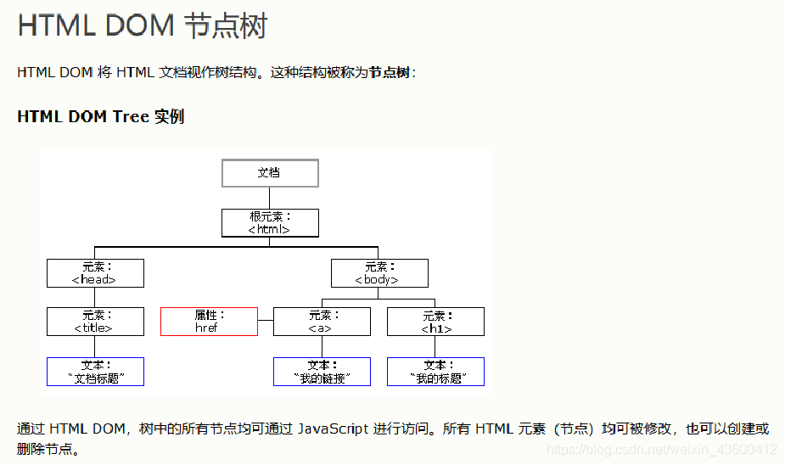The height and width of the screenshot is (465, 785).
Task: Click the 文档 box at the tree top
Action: coord(270,173)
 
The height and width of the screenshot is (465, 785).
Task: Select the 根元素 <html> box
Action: coord(270,223)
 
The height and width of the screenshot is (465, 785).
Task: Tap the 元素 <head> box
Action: coord(95,273)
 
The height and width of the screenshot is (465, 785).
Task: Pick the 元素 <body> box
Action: coord(379,273)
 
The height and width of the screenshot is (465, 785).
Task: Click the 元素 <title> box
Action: coord(95,322)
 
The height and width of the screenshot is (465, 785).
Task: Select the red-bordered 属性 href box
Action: coord(209,322)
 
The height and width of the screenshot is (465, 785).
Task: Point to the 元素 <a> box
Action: coord(322,322)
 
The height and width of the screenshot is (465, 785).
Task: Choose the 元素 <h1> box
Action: coord(435,322)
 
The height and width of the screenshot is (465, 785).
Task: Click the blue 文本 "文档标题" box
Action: coord(95,372)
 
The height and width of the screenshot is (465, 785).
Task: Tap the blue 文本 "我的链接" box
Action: coord(322,372)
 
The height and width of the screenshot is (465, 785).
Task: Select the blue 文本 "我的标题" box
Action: coord(435,372)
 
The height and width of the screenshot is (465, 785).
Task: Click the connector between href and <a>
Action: coord(266,322)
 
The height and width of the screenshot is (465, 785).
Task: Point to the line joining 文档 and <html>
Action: coord(270,198)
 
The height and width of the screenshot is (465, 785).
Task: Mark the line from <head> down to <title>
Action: coord(95,297)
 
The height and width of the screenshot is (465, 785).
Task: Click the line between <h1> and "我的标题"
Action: coord(435,346)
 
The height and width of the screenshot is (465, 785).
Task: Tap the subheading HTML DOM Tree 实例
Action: coord(100,117)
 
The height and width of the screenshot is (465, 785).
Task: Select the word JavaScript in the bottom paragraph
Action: coord(333,429)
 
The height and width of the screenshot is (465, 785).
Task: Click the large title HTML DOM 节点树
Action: coord(142,25)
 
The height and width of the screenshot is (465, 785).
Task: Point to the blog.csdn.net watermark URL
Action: coord(662,450)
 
